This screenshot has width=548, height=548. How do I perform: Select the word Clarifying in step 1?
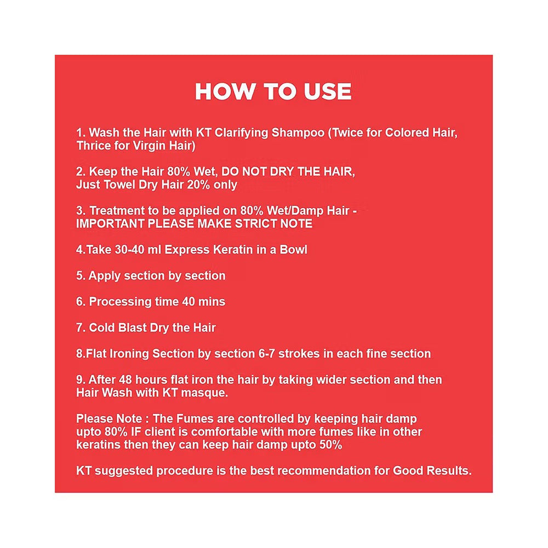click(x=241, y=133)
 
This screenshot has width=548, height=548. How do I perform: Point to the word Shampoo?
click(x=298, y=133)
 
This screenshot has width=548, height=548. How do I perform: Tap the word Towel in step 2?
click(x=118, y=185)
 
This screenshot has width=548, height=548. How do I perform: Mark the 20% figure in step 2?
click(x=198, y=185)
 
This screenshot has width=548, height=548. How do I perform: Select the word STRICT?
click(x=256, y=224)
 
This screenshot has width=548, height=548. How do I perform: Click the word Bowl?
click(x=293, y=250)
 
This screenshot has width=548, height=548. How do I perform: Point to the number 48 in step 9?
click(x=125, y=380)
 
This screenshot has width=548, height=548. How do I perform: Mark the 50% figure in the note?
click(x=330, y=445)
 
